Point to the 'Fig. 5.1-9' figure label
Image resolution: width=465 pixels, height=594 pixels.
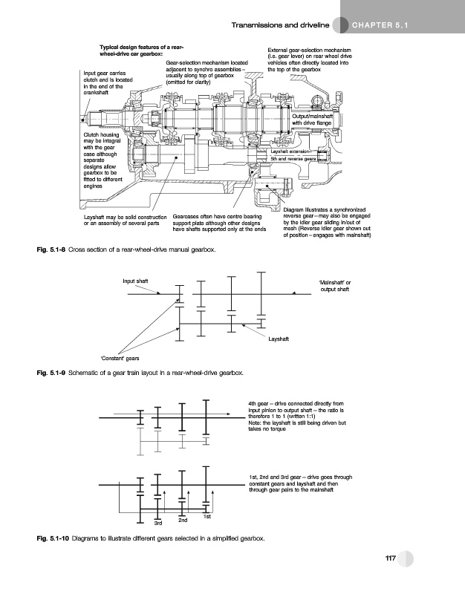coord(51,371)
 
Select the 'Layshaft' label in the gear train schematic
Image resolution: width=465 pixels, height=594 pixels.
coord(279,341)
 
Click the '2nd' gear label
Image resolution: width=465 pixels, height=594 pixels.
coord(183,520)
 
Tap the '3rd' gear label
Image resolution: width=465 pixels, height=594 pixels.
coord(157,524)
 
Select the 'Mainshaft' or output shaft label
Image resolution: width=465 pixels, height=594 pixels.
coord(332,286)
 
